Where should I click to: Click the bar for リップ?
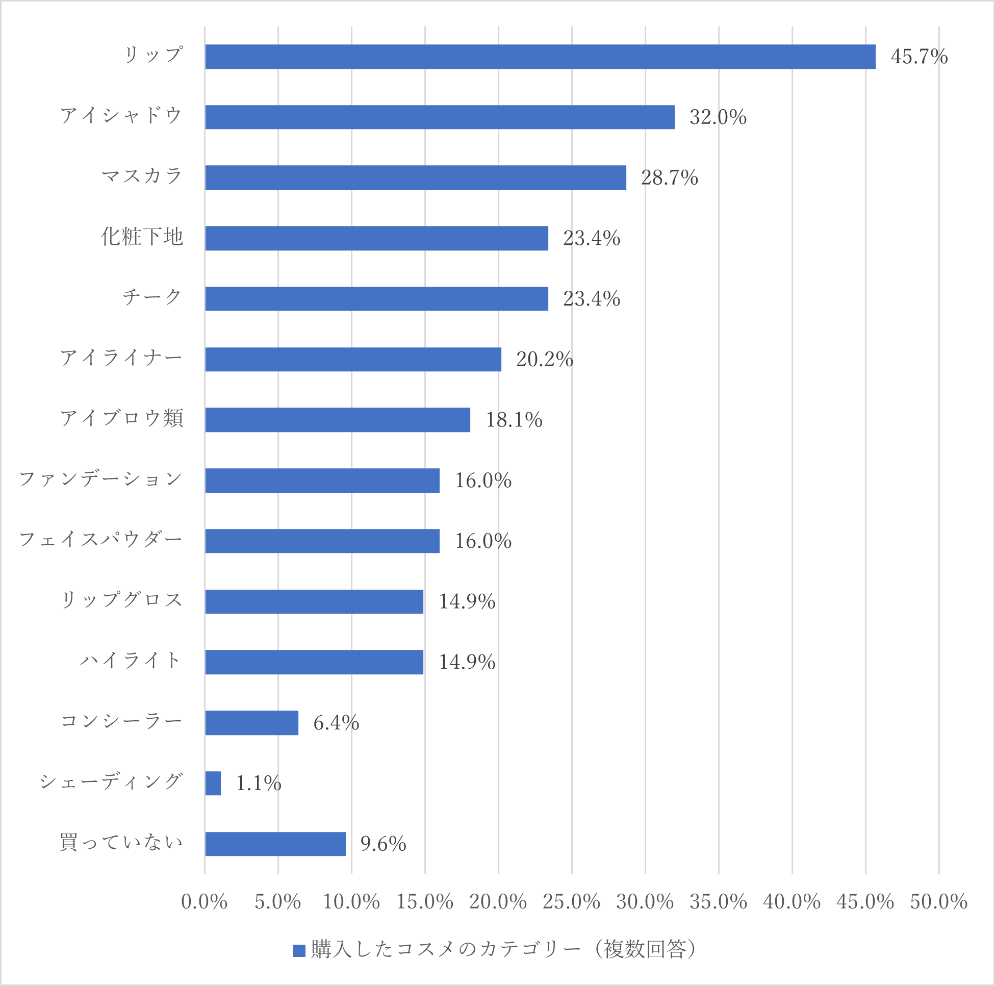pyautogui.click(x=540, y=57)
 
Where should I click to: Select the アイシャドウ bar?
pyautogui.click(x=439, y=117)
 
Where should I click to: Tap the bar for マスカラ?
pyautogui.click(x=415, y=178)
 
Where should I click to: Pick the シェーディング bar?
pyautogui.click(x=213, y=783)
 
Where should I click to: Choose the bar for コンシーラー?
pyautogui.click(x=251, y=723)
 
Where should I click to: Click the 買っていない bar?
pyautogui.click(x=275, y=844)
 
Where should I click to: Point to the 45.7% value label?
pyautogui.click(x=919, y=57)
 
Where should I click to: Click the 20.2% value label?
pyautogui.click(x=544, y=359)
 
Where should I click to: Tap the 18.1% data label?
pyautogui.click(x=514, y=420)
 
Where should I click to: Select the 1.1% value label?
pyautogui.click(x=259, y=783)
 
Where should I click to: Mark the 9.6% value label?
pyautogui.click(x=383, y=844)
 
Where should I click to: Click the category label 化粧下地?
pyautogui.click(x=142, y=237)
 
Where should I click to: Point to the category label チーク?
pyautogui.click(x=152, y=297)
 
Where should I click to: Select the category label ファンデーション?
pyautogui.click(x=101, y=479)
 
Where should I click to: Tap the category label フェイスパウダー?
pyautogui.click(x=101, y=539)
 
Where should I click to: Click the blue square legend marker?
pyautogui.click(x=299, y=950)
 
